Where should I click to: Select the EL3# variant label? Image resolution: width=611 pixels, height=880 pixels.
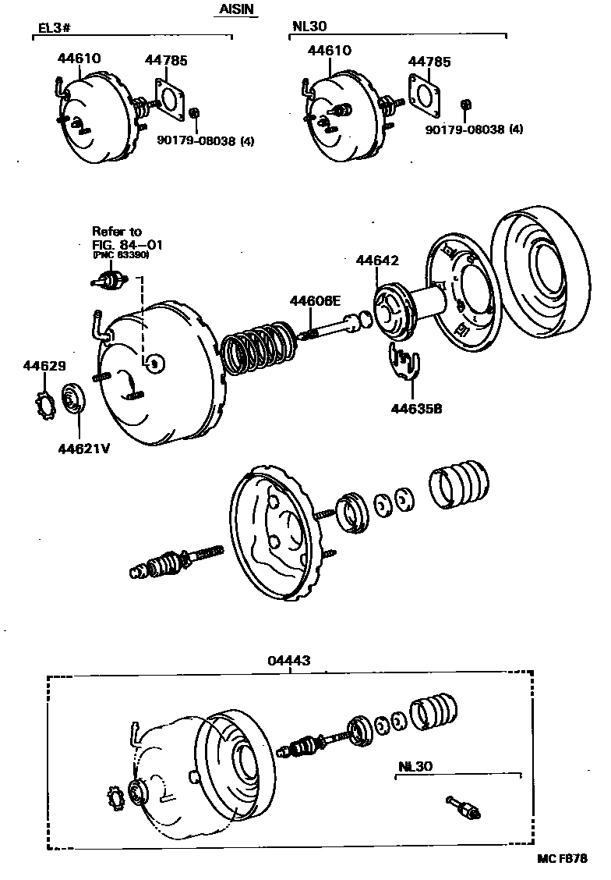(x=54, y=30)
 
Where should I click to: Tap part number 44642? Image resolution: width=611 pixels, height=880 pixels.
(x=377, y=261)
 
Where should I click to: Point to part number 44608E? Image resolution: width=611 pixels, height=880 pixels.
(x=316, y=300)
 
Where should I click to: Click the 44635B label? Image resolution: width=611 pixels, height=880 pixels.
(x=410, y=406)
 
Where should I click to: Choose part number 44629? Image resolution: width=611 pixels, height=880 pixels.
(x=44, y=365)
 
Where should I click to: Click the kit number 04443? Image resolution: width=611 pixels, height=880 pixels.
(x=289, y=660)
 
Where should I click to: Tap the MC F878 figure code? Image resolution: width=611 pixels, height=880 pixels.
(x=562, y=858)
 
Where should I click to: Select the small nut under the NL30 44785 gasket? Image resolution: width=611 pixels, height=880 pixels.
(x=466, y=105)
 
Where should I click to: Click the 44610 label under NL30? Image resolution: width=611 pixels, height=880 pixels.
(x=329, y=50)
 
